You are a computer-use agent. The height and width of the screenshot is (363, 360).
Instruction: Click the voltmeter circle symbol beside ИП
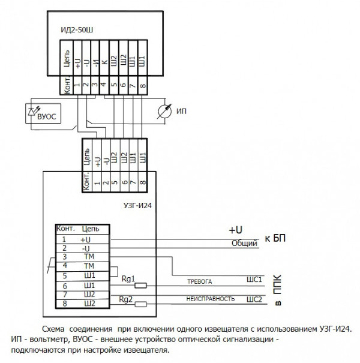(x=161, y=111)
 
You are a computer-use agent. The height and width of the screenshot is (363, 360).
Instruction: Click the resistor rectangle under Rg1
(x=142, y=286)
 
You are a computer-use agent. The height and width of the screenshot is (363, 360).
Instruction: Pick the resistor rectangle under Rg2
(x=142, y=304)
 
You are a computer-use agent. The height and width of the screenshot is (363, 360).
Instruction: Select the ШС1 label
(x=254, y=280)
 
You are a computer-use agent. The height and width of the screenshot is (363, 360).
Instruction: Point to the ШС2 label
(x=254, y=298)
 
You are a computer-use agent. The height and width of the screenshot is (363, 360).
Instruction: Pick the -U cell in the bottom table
(x=85, y=248)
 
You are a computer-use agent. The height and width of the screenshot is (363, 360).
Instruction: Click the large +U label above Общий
(x=235, y=230)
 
